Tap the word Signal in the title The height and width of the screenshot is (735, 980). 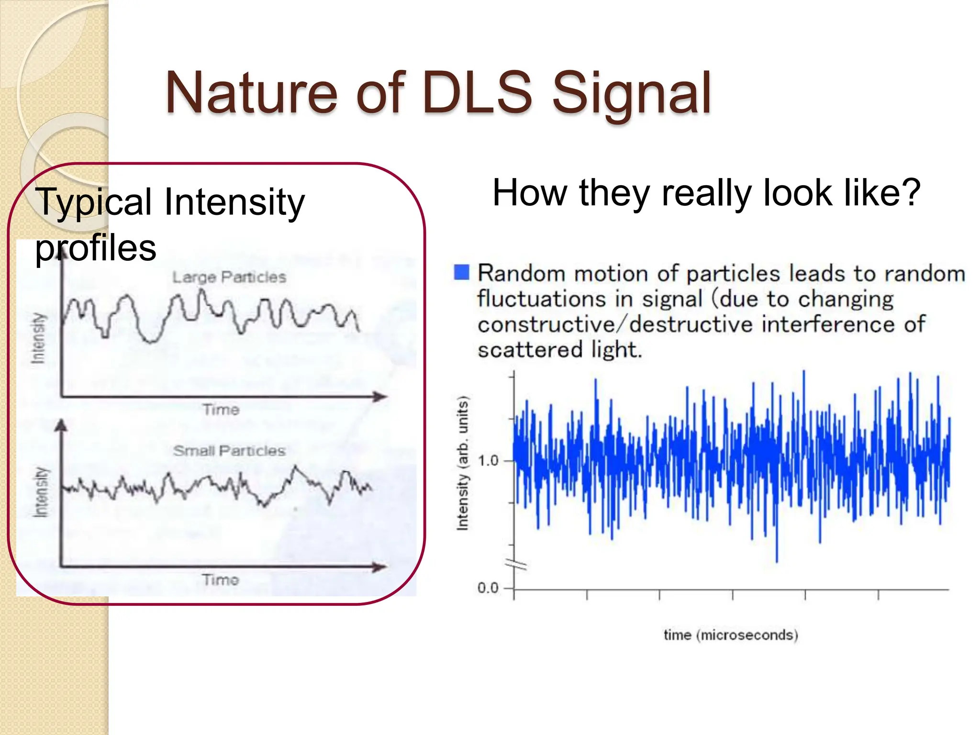click(632, 94)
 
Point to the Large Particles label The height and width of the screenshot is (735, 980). click(229, 277)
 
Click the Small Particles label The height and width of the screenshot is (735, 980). click(229, 451)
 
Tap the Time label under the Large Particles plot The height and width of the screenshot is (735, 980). click(221, 410)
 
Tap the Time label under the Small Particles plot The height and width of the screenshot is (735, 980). click(220, 580)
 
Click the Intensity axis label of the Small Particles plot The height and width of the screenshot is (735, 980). click(41, 492)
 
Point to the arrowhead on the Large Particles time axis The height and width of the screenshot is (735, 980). click(380, 397)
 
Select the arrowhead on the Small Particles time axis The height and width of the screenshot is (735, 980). click(380, 567)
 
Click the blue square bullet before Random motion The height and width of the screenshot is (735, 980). click(462, 272)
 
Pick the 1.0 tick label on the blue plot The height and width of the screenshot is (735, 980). click(488, 461)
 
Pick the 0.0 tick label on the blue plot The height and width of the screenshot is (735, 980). click(488, 588)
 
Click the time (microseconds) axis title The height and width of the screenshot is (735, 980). click(731, 635)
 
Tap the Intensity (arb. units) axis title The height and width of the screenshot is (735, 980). click(462, 463)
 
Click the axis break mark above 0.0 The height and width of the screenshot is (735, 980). click(519, 565)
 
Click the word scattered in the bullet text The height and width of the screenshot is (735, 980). click(530, 350)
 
